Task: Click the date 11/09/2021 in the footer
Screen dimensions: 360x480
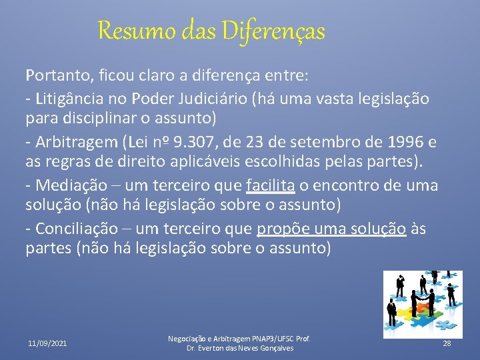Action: click(x=47, y=343)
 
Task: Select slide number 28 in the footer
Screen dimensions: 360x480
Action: click(x=447, y=343)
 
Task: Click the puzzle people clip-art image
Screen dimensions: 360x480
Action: click(x=423, y=303)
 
